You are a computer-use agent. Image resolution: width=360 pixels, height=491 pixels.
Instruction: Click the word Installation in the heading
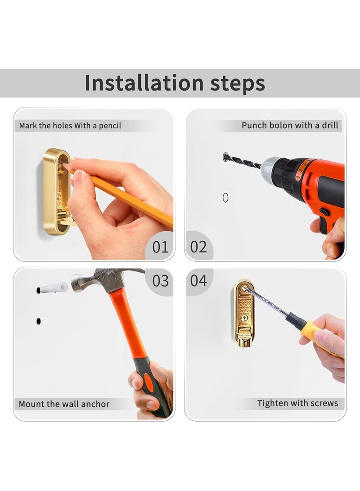pyautogui.click(x=144, y=83)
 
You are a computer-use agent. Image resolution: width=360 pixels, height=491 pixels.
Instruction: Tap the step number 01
pyautogui.click(x=160, y=247)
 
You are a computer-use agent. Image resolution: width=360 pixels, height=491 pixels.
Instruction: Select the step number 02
pyautogui.click(x=198, y=247)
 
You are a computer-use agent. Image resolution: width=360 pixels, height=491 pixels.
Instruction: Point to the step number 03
pyautogui.click(x=160, y=280)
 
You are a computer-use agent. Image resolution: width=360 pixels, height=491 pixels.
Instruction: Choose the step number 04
pyautogui.click(x=198, y=280)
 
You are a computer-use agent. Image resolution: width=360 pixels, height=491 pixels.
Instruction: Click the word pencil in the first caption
pyautogui.click(x=110, y=126)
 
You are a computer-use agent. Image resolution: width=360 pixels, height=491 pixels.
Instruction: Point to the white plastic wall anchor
pyautogui.click(x=53, y=288)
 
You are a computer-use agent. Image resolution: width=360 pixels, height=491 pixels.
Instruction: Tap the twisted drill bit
pyautogui.click(x=243, y=161)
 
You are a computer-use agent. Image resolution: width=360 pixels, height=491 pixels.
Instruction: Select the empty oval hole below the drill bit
pyautogui.click(x=225, y=198)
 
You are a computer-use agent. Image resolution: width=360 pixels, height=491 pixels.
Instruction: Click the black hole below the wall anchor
pyautogui.click(x=39, y=321)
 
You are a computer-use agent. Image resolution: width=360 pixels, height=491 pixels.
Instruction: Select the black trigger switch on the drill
pyautogui.click(x=324, y=212)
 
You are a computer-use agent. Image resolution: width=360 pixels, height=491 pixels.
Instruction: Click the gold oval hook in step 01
pyautogui.click(x=57, y=192)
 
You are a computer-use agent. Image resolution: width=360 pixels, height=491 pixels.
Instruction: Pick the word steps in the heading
pyautogui.click(x=238, y=83)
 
